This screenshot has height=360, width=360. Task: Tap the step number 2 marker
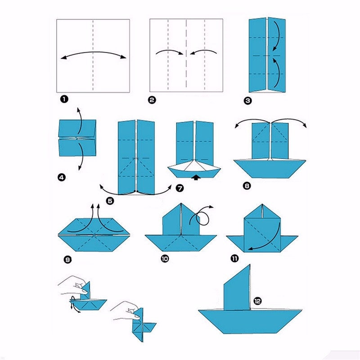click(x=152, y=100)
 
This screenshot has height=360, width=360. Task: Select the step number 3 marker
click(x=247, y=101)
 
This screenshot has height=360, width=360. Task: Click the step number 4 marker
click(x=62, y=178)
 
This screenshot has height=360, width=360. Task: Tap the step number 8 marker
click(x=247, y=184)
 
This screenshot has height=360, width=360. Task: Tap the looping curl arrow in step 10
click(x=203, y=217)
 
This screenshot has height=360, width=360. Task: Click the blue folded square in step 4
click(x=77, y=138)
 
